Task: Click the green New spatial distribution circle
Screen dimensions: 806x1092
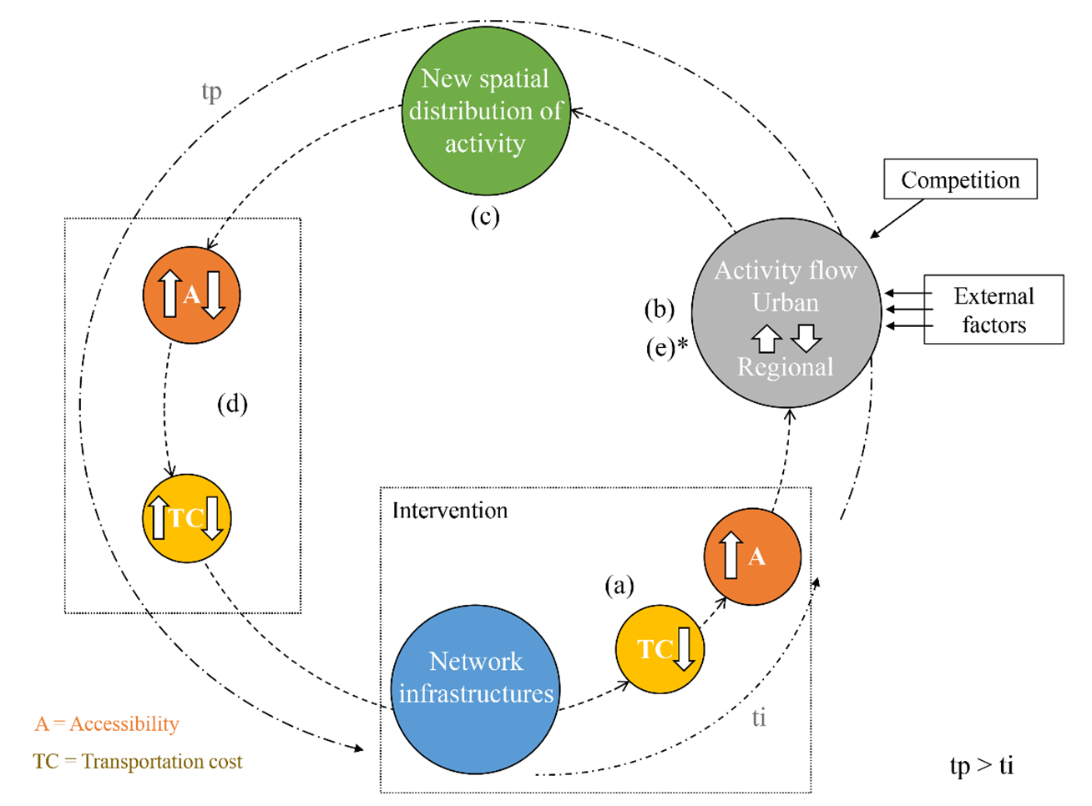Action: (x=485, y=111)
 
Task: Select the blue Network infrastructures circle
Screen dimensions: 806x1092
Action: (x=475, y=689)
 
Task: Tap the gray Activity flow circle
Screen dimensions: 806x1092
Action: (x=786, y=313)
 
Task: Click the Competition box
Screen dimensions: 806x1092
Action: (x=960, y=179)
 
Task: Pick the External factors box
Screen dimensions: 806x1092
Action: (x=993, y=310)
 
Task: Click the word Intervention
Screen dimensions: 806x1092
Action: (x=449, y=511)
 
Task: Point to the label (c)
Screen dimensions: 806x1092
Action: (x=484, y=217)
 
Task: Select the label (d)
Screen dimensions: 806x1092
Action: (x=232, y=404)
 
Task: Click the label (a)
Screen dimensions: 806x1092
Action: (x=619, y=586)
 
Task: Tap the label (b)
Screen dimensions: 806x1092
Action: (x=659, y=310)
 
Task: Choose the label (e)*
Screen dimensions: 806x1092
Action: (x=666, y=348)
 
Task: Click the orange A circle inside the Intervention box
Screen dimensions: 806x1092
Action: (x=752, y=557)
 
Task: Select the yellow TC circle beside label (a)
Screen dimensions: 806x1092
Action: (x=660, y=649)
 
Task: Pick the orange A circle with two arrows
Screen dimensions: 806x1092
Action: (x=191, y=295)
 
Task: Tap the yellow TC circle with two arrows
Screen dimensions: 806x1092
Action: (x=186, y=518)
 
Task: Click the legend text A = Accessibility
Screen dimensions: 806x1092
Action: (x=107, y=723)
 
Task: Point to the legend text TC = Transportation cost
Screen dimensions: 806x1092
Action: (x=138, y=762)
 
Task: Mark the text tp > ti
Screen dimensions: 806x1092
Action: (x=981, y=765)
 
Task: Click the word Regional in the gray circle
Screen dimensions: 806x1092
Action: (x=785, y=367)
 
